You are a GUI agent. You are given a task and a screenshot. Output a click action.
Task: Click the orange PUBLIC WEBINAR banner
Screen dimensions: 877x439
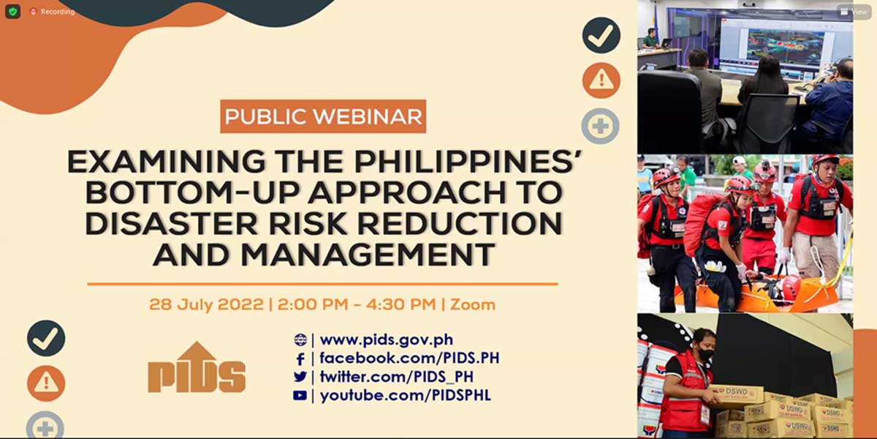pyautogui.click(x=323, y=116)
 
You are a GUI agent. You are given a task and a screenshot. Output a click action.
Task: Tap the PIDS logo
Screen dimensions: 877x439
pyautogui.click(x=197, y=367)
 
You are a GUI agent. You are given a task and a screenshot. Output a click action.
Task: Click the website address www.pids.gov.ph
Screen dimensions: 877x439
pyautogui.click(x=387, y=339)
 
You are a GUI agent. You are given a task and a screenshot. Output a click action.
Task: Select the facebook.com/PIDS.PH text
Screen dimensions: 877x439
pyautogui.click(x=409, y=358)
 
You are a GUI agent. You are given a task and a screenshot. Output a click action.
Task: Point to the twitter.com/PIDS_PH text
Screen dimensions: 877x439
pyautogui.click(x=396, y=377)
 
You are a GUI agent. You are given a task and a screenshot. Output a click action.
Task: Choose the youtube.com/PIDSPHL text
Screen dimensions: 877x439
pyautogui.click(x=405, y=395)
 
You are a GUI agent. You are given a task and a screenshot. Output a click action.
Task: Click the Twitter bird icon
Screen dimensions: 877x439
pyautogui.click(x=300, y=377)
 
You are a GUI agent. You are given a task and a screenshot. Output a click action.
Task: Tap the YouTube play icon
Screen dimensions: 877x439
pyautogui.click(x=300, y=396)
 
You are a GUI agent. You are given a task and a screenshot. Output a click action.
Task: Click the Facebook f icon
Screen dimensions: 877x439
pyautogui.click(x=300, y=359)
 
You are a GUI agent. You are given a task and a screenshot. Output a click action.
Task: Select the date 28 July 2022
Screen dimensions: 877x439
pyautogui.click(x=206, y=304)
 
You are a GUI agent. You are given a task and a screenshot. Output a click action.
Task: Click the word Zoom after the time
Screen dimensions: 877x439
pyautogui.click(x=473, y=304)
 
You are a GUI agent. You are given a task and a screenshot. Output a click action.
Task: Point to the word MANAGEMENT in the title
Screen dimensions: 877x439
pyautogui.click(x=368, y=255)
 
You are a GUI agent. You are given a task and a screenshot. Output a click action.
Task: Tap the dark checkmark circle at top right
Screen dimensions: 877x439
pyautogui.click(x=601, y=35)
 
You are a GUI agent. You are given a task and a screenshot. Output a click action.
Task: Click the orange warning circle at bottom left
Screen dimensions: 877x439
pyautogui.click(x=46, y=383)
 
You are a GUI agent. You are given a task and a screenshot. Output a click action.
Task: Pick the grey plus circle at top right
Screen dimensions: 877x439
pyautogui.click(x=601, y=126)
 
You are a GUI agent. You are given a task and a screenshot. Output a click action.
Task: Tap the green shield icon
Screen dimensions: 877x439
pyautogui.click(x=12, y=12)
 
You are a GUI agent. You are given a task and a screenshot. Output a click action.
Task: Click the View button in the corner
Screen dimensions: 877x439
pyautogui.click(x=854, y=12)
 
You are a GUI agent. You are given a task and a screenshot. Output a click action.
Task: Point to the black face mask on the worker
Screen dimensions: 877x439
pyautogui.click(x=706, y=355)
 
